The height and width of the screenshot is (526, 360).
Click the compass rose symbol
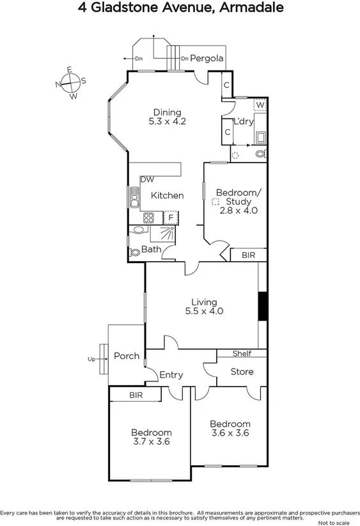coord(71,82)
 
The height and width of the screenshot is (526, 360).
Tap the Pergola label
coord(206,59)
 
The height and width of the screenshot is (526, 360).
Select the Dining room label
coord(167,113)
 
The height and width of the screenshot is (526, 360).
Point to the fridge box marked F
coord(171,218)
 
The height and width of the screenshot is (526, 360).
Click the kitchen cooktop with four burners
coord(148,218)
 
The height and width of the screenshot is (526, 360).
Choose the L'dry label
coord(243,121)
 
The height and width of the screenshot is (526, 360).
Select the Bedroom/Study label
coord(238,196)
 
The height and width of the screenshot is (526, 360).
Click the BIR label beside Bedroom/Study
coord(248,255)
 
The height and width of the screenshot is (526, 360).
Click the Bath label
coord(151,249)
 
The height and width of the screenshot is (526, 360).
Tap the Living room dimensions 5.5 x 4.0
coord(204,312)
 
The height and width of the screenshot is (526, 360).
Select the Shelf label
coord(242,353)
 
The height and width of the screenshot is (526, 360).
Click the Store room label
coord(241,371)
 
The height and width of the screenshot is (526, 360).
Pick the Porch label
coord(126,356)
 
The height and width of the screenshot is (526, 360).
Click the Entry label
coord(171,375)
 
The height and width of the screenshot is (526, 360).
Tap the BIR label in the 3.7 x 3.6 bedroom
coord(136,395)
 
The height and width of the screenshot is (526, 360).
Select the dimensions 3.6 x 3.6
coord(230,433)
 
